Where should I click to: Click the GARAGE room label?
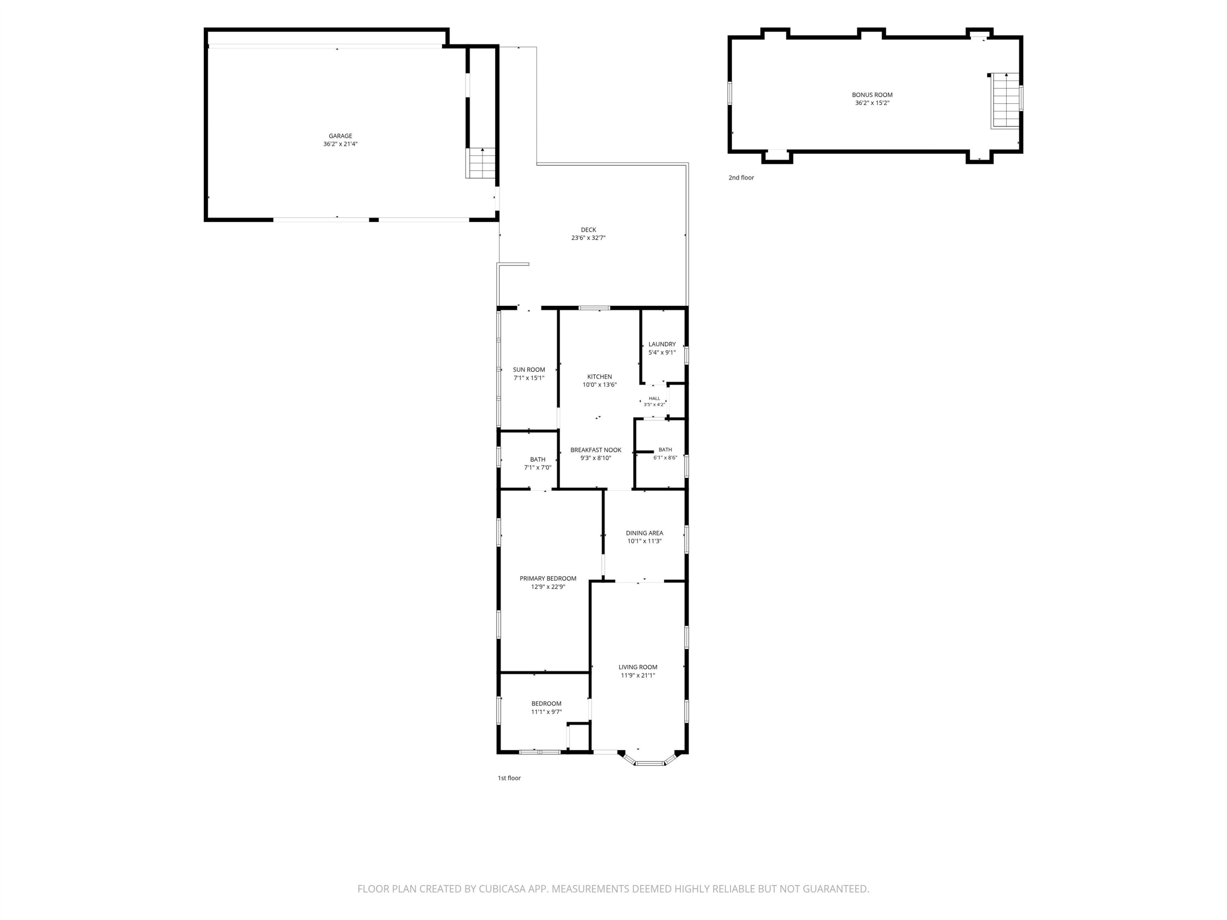[x=340, y=136]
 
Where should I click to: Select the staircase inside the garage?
[x=481, y=163]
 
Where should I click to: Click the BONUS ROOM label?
[x=872, y=95]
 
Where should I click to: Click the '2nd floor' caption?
[x=741, y=177]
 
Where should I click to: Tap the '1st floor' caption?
[x=509, y=778]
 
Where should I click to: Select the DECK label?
[x=589, y=229]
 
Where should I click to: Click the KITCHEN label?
[x=600, y=377]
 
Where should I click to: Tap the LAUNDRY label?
[x=662, y=344]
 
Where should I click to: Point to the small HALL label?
[x=654, y=398]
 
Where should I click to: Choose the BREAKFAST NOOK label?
[x=596, y=450]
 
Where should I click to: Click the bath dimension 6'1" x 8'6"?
[x=665, y=458]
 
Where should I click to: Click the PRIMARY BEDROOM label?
[x=548, y=579]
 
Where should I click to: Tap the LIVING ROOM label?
[x=638, y=668]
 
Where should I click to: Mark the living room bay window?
[x=649, y=760]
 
